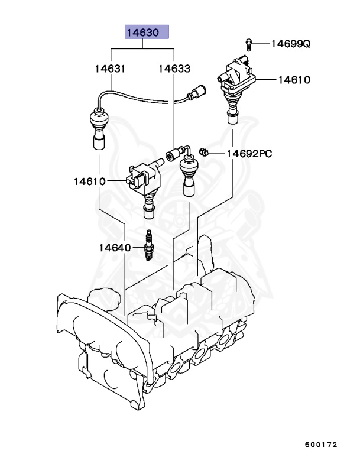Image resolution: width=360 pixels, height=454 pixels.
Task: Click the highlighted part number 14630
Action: tap(145, 33)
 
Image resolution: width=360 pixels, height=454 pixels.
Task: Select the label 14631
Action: tap(110, 69)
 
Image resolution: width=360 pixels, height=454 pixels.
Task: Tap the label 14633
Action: tap(174, 69)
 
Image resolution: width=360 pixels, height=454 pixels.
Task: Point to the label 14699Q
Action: tap(290, 43)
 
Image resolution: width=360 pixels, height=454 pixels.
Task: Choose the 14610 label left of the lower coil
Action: tap(90, 181)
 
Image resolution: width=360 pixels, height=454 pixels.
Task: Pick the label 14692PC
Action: tap(249, 154)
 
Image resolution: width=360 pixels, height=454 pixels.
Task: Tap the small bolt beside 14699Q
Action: tap(249, 43)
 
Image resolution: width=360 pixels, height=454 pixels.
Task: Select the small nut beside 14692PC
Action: tap(203, 153)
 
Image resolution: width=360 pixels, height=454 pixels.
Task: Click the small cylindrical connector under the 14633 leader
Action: tap(172, 155)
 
